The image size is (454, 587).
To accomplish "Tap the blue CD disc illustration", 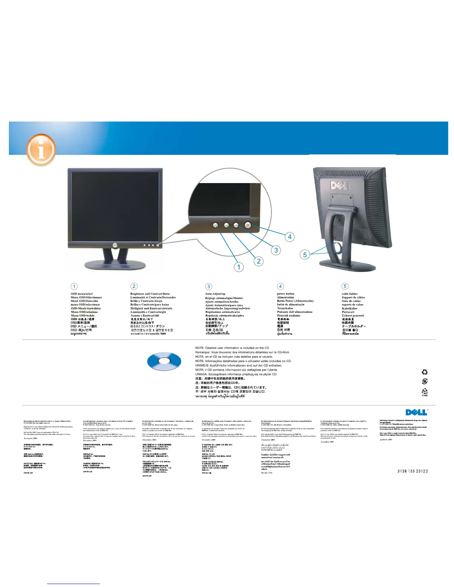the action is coord(164,361).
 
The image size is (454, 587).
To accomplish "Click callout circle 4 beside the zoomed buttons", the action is coord(290,237).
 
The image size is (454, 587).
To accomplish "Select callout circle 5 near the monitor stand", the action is coord(305,255).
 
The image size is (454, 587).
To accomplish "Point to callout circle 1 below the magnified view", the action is coord(239,267).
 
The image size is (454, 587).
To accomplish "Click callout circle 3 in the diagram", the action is coord(276,250).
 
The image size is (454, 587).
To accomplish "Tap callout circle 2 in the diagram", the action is coord(259,261).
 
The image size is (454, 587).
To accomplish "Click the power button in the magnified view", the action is coord(248,225).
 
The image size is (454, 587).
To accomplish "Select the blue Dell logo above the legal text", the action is coord(416,412).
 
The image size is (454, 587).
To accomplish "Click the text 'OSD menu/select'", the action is coord(82,294).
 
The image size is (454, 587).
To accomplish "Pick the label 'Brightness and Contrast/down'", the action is coord(150,294).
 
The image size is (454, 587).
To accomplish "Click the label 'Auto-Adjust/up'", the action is coord(215,294).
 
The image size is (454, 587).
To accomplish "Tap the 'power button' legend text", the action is coord(286,294).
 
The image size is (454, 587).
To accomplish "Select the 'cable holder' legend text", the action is coord(350,294).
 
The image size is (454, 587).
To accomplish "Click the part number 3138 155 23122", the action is coord(412,471).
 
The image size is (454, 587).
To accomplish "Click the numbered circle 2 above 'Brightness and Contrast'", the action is coord(134,286).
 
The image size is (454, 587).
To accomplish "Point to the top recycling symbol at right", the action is coord(425,372).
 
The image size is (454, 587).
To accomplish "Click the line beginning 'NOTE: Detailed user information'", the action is coord(232,348).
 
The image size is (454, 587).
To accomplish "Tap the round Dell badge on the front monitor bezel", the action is coord(115,245).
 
